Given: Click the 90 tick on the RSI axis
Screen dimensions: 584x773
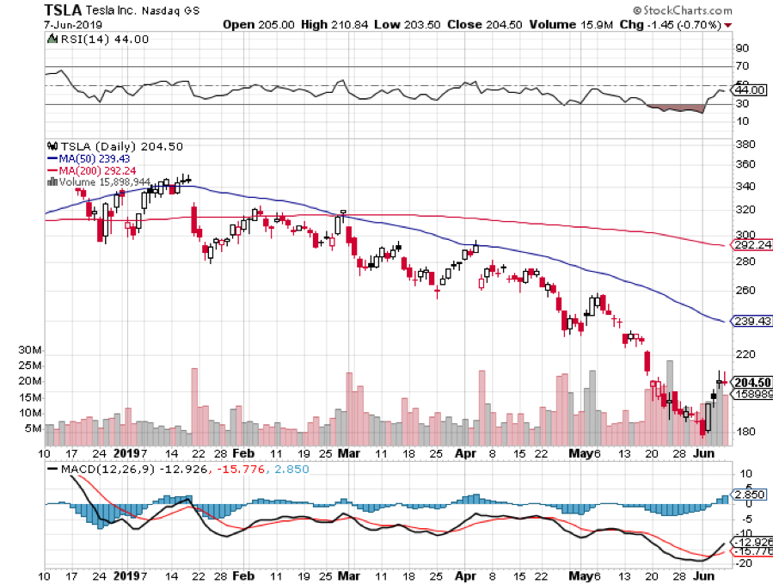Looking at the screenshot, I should coord(741,48).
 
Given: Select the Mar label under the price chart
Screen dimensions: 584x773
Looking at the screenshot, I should coord(350,452).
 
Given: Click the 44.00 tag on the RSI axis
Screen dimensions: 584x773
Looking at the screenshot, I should coord(751,89).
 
